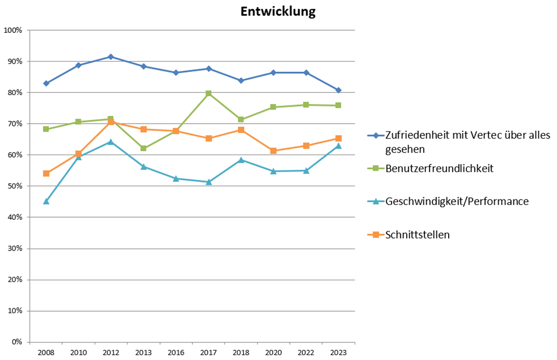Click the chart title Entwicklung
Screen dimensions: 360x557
278,12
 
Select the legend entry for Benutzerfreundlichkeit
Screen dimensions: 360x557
439,168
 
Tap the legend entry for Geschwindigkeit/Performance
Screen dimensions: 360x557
457,201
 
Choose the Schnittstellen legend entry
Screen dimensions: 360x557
418,235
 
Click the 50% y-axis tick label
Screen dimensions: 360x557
14,186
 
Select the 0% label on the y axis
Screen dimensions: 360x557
16,342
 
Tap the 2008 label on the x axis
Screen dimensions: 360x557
46,353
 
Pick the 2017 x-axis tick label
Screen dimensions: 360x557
208,353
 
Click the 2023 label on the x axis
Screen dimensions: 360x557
338,353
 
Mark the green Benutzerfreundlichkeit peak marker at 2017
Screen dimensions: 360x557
208,93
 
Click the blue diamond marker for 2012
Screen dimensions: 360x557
111,57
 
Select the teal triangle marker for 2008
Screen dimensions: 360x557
46,201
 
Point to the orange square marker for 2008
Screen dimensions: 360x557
46,173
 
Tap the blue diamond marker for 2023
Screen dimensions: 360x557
338,90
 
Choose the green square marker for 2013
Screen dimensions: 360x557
144,148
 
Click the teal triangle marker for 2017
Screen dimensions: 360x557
208,181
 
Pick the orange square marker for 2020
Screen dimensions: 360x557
273,151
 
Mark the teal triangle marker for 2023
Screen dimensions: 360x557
338,146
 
